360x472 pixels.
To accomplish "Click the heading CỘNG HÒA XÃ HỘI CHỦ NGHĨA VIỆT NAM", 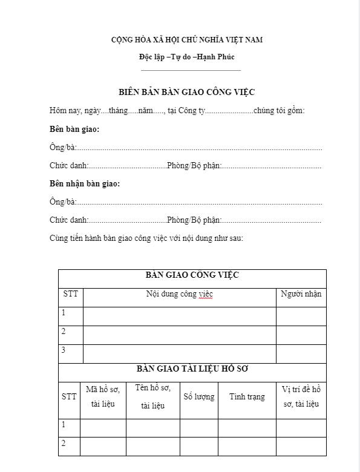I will tap(186, 40).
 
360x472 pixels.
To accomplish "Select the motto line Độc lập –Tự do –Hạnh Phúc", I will tap(186, 57).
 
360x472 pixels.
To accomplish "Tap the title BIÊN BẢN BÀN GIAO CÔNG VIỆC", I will tap(186, 92).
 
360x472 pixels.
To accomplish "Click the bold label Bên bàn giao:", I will tap(74, 129).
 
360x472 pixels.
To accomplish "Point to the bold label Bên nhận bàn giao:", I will tap(85, 184).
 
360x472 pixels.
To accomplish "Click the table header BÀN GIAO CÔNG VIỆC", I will tap(192, 275).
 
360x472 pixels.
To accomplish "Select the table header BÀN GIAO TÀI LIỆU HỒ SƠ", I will tap(192, 368).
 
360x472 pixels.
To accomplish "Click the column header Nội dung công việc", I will tap(179, 294).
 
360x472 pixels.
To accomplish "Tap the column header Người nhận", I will tap(301, 294).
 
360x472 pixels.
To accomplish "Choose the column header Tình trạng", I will tap(247, 397).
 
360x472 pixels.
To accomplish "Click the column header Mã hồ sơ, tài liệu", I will tap(103, 397).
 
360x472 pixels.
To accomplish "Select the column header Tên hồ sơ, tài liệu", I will tap(152, 396).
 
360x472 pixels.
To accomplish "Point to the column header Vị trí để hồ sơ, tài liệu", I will tap(301, 396).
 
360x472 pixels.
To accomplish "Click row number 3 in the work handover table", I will tap(64, 350).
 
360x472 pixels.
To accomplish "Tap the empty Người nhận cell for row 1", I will tap(301, 315).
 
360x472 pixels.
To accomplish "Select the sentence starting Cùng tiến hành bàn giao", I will tap(146, 238).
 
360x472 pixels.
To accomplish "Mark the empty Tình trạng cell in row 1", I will tap(247, 427).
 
